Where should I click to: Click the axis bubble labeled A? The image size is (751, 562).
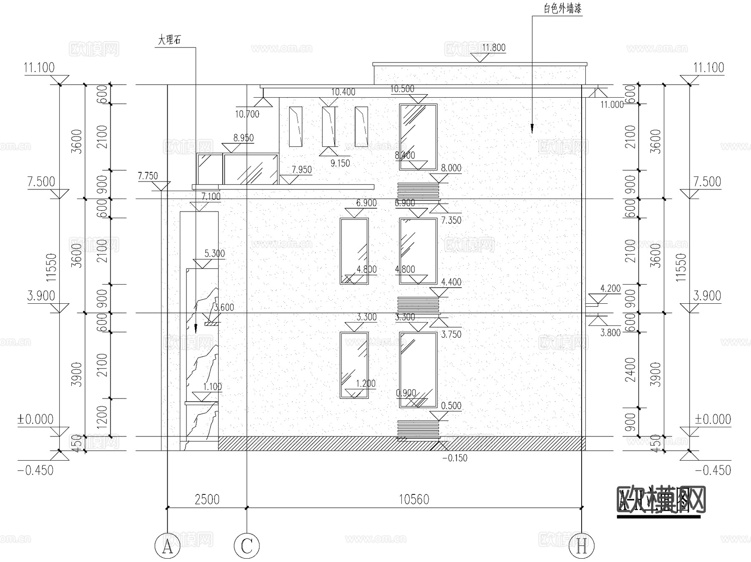[167, 546]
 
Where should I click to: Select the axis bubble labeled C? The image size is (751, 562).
[247, 546]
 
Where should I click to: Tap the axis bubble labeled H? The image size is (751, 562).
[582, 546]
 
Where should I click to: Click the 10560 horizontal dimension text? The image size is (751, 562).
[414, 499]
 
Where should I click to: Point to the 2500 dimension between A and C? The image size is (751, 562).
[207, 499]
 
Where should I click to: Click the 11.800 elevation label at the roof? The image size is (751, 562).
[494, 48]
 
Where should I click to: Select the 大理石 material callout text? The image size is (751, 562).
[169, 40]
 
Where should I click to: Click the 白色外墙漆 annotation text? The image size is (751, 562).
[562, 9]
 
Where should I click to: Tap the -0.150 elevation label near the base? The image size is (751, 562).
[455, 458]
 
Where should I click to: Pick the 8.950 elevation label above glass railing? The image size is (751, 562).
[244, 138]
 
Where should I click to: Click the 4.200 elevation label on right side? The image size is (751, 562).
[610, 288]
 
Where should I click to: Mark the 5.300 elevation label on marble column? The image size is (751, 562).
[214, 253]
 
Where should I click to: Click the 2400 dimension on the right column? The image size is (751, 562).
[630, 370]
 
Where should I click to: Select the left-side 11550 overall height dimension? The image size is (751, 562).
[51, 267]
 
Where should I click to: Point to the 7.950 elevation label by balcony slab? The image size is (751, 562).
[302, 169]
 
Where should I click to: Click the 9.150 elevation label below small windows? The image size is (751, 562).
[340, 163]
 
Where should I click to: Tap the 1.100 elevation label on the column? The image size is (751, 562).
[212, 386]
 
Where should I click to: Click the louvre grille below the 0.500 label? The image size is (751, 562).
[418, 430]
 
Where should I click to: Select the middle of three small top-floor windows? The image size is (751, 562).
[328, 126]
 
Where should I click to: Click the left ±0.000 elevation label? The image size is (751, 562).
[35, 419]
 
